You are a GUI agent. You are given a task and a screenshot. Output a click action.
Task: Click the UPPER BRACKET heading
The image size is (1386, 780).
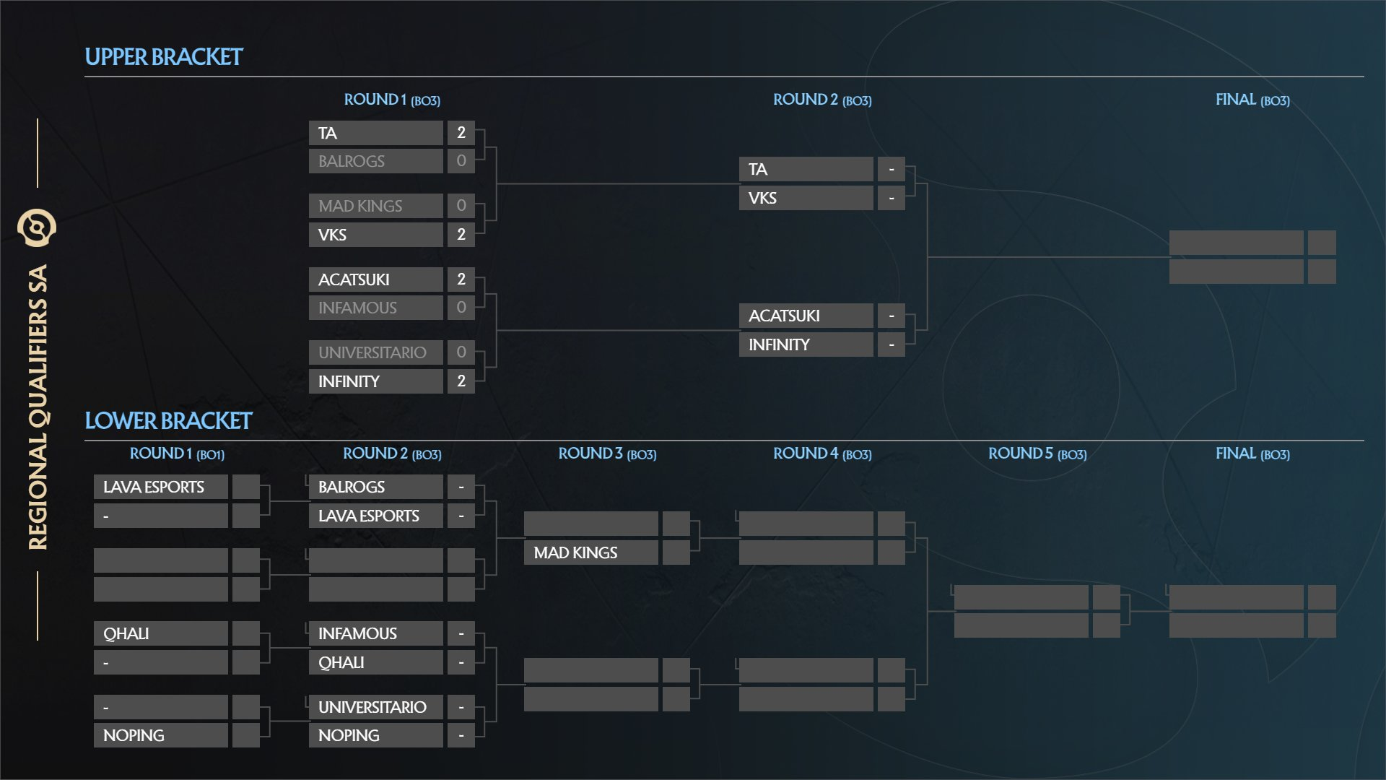pyautogui.click(x=164, y=57)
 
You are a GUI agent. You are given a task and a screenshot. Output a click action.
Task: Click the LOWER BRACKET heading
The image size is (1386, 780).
pyautogui.click(x=168, y=421)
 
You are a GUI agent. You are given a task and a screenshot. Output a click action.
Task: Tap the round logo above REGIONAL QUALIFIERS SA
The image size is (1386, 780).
pyautogui.click(x=37, y=228)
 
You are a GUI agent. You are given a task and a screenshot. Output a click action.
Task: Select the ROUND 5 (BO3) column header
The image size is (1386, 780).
pyautogui.click(x=1037, y=454)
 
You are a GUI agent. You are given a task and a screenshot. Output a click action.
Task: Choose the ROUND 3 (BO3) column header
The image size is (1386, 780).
pyautogui.click(x=607, y=454)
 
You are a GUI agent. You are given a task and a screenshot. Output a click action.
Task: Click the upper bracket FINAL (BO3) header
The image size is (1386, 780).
pyautogui.click(x=1252, y=100)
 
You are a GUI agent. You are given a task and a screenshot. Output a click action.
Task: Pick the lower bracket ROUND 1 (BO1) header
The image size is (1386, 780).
pyautogui.click(x=177, y=454)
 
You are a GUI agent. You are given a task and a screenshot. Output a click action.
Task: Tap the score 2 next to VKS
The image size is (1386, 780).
pyautogui.click(x=461, y=235)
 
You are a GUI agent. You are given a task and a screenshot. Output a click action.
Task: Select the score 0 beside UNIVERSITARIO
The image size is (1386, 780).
pyautogui.click(x=461, y=352)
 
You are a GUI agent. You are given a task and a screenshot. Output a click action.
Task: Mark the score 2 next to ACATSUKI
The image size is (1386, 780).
pyautogui.click(x=461, y=279)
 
